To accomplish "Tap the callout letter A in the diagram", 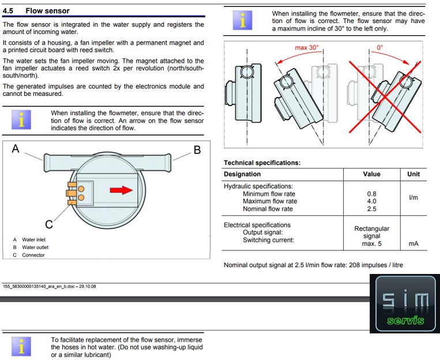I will (16, 150).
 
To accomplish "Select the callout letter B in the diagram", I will (197, 151).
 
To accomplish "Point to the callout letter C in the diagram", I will (49, 224).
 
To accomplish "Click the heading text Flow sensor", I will (47, 10).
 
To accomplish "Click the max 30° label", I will (306, 47).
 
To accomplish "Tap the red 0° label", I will (379, 47).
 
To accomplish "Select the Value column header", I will (371, 174).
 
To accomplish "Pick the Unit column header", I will (413, 174).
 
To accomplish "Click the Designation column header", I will (242, 174).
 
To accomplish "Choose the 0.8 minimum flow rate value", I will (371, 194).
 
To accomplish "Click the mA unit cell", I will (413, 244).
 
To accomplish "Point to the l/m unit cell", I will (413, 198).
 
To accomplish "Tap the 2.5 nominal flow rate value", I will (371, 209).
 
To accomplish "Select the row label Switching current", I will (268, 240).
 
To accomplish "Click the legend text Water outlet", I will (35, 247).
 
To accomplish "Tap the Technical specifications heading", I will (262, 163).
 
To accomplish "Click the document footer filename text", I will (49, 286).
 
